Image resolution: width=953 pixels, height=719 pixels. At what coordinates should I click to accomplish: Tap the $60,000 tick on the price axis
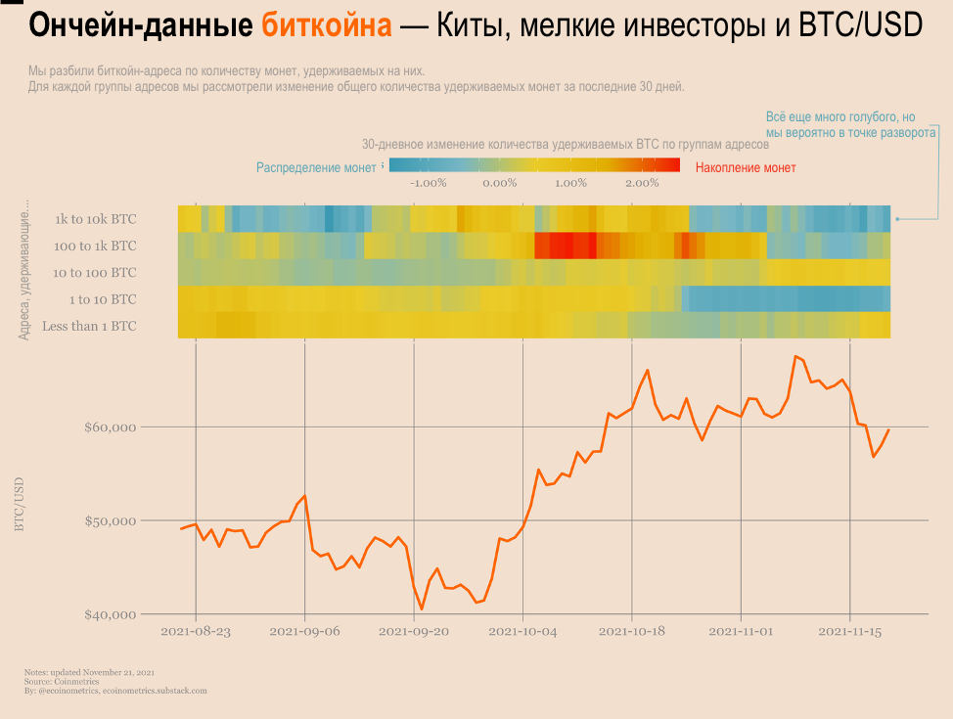coord(109,427)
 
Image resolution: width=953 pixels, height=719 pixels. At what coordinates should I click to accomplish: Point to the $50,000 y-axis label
coord(109,520)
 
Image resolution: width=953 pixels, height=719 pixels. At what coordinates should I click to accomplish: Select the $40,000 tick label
coord(109,614)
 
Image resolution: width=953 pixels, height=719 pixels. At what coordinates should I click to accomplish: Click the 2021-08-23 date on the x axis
coord(196,632)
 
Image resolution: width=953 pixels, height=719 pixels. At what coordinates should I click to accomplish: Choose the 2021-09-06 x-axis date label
coord(305,632)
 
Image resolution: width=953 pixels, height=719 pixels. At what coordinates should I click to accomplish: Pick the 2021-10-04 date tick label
coord(523,632)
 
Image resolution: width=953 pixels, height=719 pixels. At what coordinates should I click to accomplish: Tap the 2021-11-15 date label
coord(849,632)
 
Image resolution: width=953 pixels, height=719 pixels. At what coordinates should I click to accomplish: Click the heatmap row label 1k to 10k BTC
coord(96,219)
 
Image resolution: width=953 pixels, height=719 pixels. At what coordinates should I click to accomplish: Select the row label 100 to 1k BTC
coord(95,246)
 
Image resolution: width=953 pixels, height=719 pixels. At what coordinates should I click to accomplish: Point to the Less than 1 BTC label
coord(89,326)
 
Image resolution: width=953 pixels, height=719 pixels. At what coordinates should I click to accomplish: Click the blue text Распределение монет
coord(315,168)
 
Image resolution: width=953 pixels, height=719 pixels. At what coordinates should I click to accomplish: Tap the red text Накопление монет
coord(746,168)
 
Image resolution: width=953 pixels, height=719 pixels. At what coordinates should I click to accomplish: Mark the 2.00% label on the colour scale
coord(642,183)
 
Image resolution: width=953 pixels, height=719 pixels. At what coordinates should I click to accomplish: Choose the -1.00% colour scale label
coord(429,183)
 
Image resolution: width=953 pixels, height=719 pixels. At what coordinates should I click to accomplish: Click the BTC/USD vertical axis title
coord(20,505)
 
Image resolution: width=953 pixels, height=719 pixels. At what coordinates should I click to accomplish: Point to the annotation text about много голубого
coord(850,124)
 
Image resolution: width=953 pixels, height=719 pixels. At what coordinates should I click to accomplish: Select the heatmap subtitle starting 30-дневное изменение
coord(566,144)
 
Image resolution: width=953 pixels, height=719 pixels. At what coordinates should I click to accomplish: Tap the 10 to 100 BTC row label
coord(94,273)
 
